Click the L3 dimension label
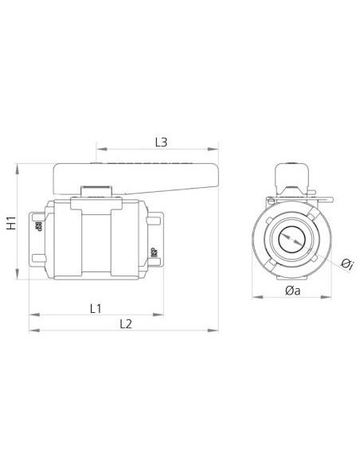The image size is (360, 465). pos(160,143)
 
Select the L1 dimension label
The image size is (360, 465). pos(96,307)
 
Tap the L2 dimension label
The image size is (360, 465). pos(125,322)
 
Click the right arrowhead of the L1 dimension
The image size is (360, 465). pos(162,313)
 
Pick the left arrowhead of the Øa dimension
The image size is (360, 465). pos(254,298)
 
